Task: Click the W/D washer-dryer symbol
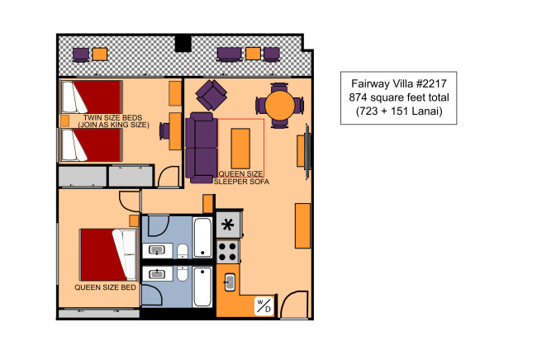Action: [x=264, y=306]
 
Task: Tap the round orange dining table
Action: [x=279, y=106]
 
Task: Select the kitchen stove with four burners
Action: [x=228, y=252]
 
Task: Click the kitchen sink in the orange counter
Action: [x=230, y=282]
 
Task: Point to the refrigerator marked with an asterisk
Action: [x=228, y=225]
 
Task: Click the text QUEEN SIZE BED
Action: [x=105, y=287]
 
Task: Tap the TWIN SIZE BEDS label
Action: [x=112, y=118]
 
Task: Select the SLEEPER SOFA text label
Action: [x=241, y=182]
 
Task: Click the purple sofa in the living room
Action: [x=202, y=148]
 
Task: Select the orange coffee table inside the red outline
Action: [x=240, y=149]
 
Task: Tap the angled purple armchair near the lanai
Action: [x=211, y=95]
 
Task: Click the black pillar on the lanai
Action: [x=183, y=44]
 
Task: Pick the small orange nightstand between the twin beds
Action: [x=64, y=121]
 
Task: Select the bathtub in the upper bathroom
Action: [x=202, y=238]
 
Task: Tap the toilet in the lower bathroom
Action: [x=183, y=273]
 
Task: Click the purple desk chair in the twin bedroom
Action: [x=164, y=130]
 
